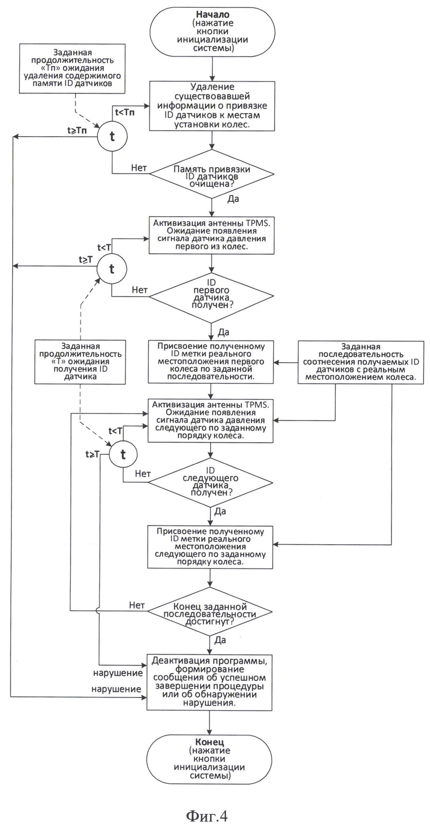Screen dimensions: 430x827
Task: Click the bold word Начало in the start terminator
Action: [x=212, y=14]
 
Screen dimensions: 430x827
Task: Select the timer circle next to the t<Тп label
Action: [x=112, y=136]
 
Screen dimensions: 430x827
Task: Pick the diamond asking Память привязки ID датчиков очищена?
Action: [x=212, y=174]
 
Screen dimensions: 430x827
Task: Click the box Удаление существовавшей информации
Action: [x=212, y=106]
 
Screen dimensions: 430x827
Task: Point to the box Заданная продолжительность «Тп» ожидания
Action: [x=72, y=68]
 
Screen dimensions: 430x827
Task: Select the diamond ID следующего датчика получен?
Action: [x=211, y=482]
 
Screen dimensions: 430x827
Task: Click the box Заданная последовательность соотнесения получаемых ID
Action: [x=361, y=362]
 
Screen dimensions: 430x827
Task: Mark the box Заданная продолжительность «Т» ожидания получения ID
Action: [x=80, y=362]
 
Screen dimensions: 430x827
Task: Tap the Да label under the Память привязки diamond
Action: [x=233, y=199]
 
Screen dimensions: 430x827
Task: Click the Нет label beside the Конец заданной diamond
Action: [x=137, y=605]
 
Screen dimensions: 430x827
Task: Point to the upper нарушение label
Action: [x=118, y=673]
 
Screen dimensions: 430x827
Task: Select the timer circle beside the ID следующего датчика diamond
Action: [x=123, y=454]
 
